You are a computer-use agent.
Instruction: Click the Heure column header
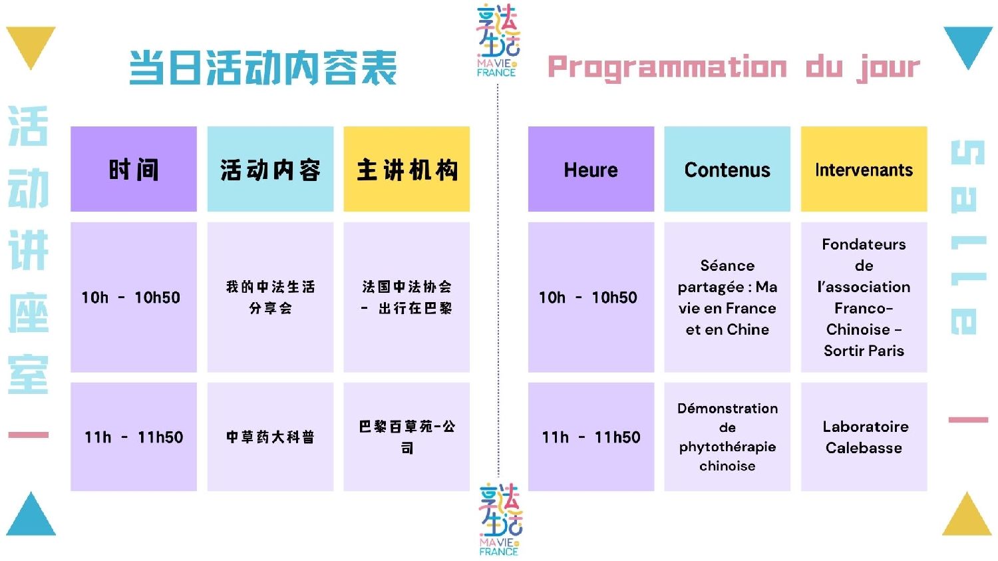tap(591, 169)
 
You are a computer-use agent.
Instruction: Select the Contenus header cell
tap(727, 169)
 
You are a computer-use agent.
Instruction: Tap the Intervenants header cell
tap(864, 169)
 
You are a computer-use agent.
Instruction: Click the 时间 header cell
tap(134, 169)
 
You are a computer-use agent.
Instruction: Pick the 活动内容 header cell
tap(270, 169)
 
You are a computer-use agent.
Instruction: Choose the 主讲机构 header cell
tap(407, 169)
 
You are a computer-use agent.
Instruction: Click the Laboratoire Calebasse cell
tap(864, 437)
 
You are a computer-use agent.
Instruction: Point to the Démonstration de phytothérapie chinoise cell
tap(727, 437)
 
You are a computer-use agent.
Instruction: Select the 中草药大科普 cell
tap(270, 437)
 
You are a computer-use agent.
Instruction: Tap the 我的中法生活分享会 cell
tap(270, 297)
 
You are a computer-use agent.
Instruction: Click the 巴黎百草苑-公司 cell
tap(407, 437)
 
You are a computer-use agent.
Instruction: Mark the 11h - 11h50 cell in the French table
tap(591, 437)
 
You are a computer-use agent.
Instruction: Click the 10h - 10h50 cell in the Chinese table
tap(134, 297)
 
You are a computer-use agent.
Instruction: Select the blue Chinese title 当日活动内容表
tap(263, 68)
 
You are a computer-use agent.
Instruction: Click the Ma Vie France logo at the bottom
tap(500, 519)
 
